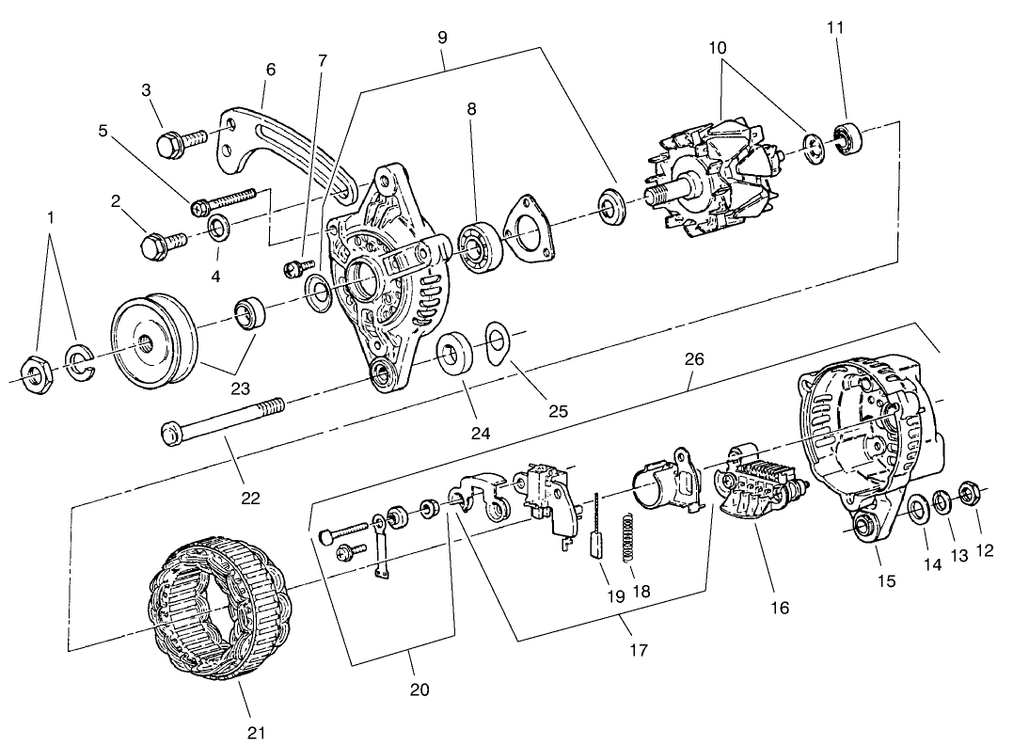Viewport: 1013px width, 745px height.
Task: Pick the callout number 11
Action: tap(835, 27)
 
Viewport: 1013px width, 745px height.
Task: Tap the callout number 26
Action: tap(693, 358)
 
